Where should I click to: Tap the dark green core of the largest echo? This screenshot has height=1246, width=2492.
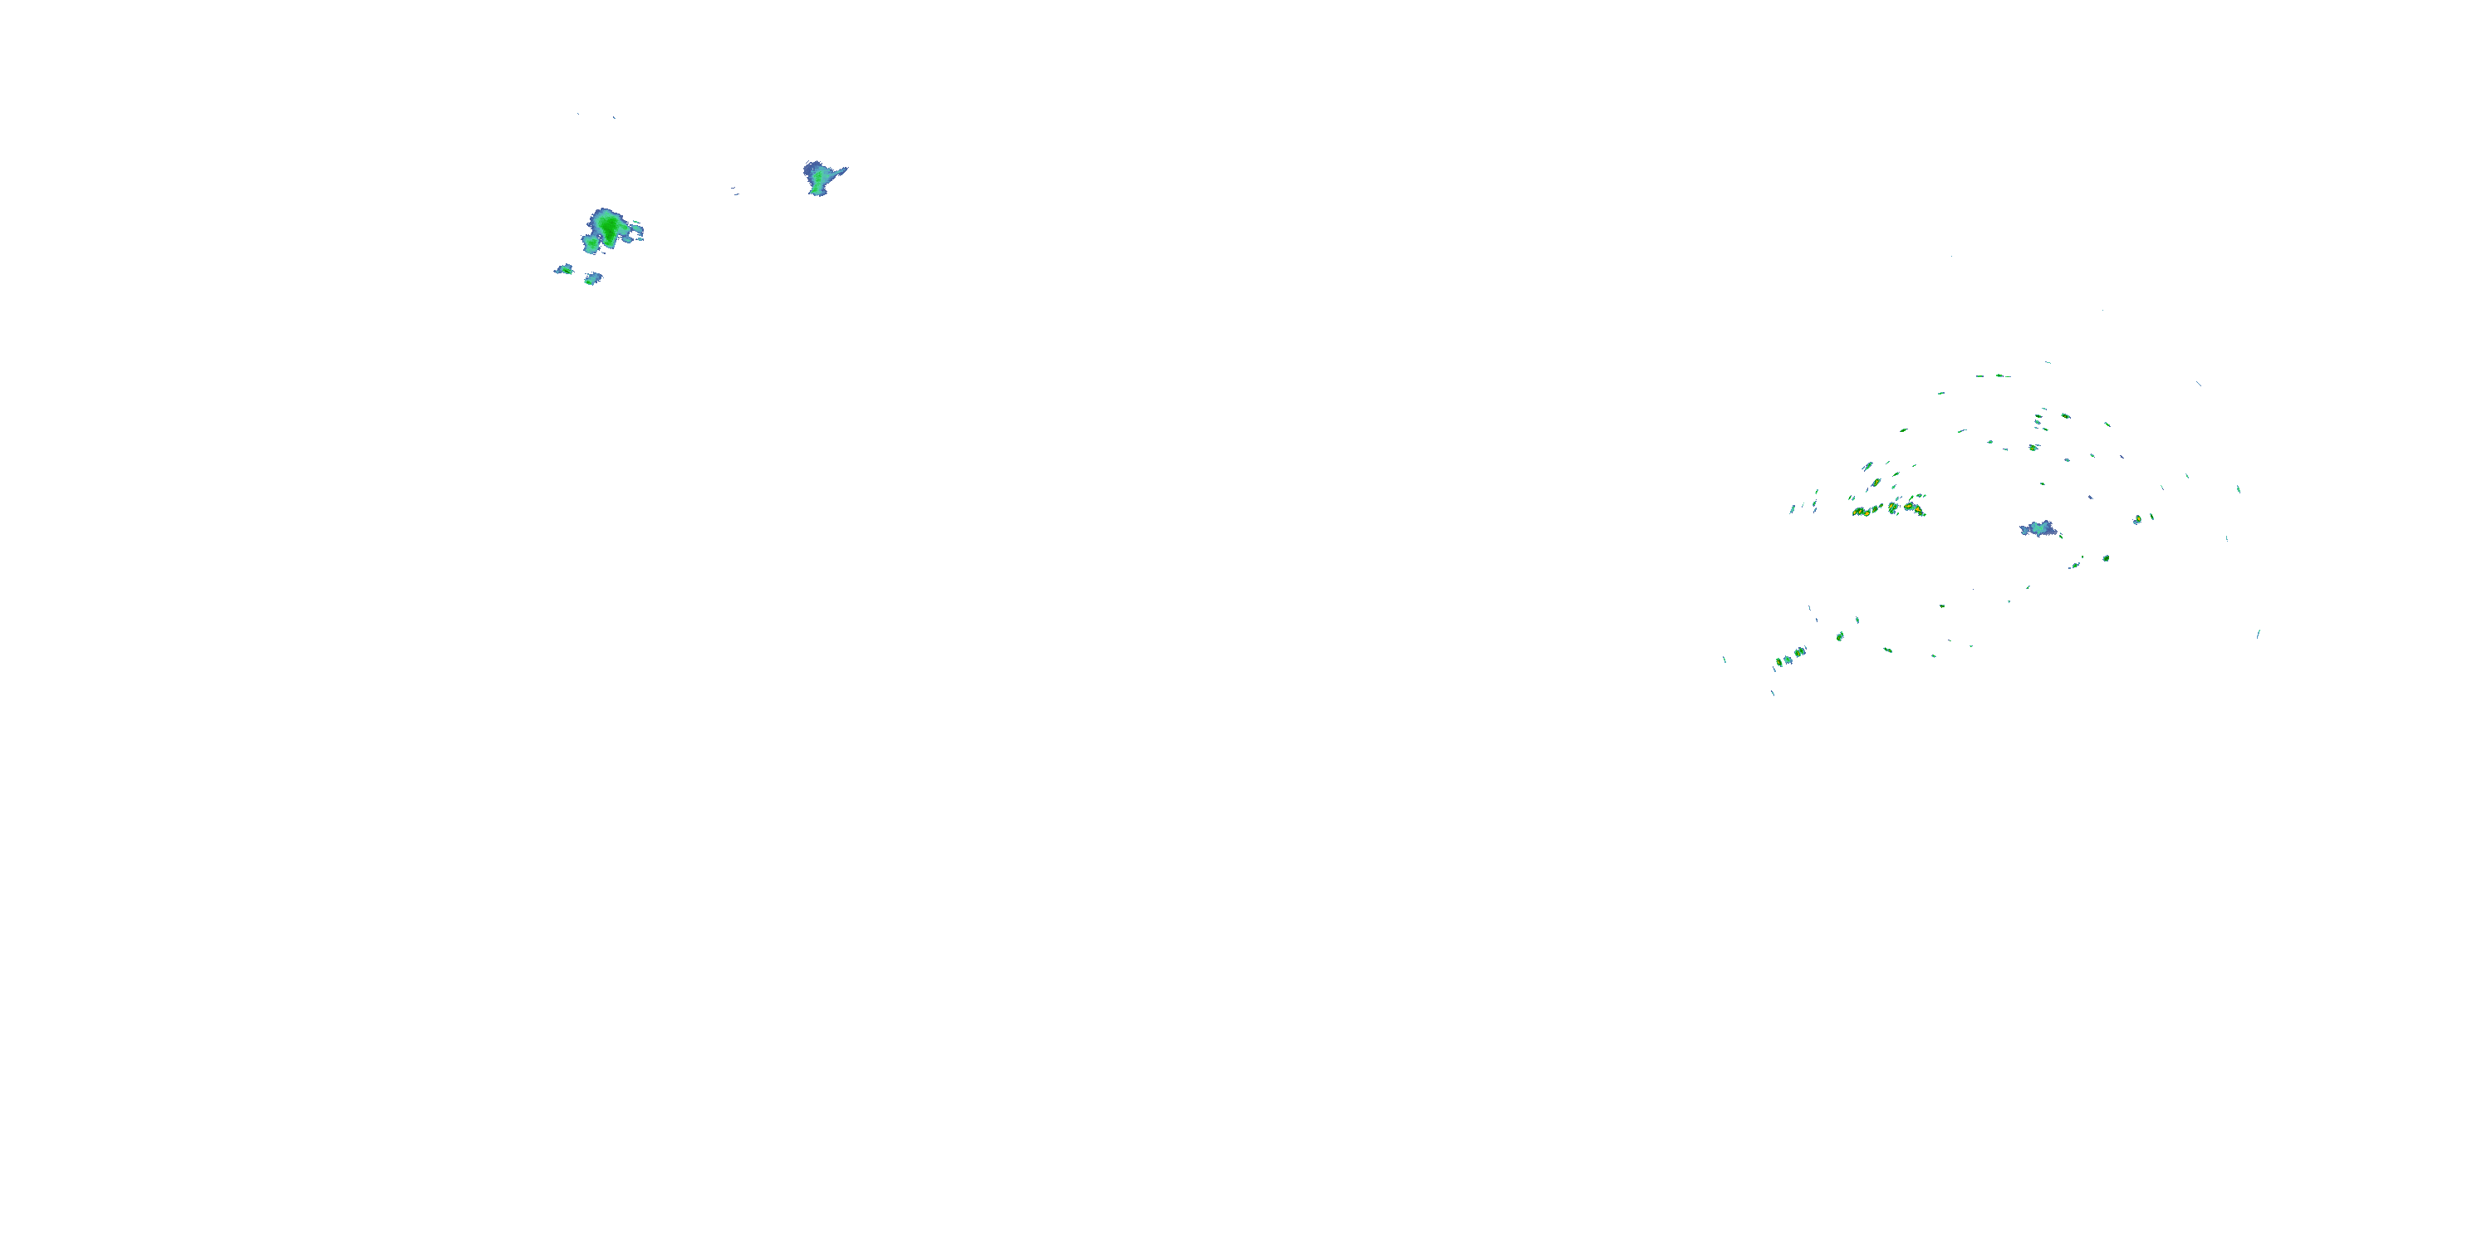click(610, 225)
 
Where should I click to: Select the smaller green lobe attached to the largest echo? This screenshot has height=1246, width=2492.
click(590, 243)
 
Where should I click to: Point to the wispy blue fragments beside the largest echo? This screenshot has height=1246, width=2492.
click(635, 233)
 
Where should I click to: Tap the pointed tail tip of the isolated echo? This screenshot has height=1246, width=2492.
click(846, 169)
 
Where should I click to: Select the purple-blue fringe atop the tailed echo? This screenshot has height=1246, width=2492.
click(811, 166)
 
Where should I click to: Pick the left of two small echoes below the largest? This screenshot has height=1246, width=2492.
click(564, 269)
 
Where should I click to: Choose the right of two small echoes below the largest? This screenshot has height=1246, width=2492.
click(593, 278)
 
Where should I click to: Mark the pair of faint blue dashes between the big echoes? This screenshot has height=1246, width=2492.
click(734, 190)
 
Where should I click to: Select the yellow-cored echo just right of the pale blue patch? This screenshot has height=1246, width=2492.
click(2137, 519)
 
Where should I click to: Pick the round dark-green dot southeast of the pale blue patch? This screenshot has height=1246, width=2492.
click(2106, 558)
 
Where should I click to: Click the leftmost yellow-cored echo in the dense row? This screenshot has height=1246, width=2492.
click(1858, 511)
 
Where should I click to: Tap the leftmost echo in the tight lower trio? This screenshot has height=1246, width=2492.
click(1778, 663)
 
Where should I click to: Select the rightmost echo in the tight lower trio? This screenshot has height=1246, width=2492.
click(1799, 652)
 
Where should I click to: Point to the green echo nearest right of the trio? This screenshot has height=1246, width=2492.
click(1840, 635)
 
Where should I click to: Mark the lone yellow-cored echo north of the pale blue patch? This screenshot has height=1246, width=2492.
click(2033, 447)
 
